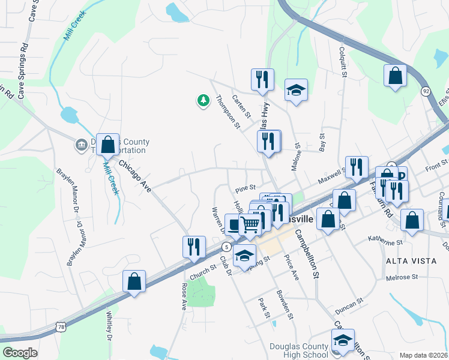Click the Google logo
[19, 353]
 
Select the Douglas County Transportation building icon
[81, 145]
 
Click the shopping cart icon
[250, 225]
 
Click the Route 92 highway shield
[426, 91]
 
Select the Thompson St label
[228, 112]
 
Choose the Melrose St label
[402, 277]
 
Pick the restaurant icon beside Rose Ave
[194, 247]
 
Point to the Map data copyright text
[423, 355]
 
